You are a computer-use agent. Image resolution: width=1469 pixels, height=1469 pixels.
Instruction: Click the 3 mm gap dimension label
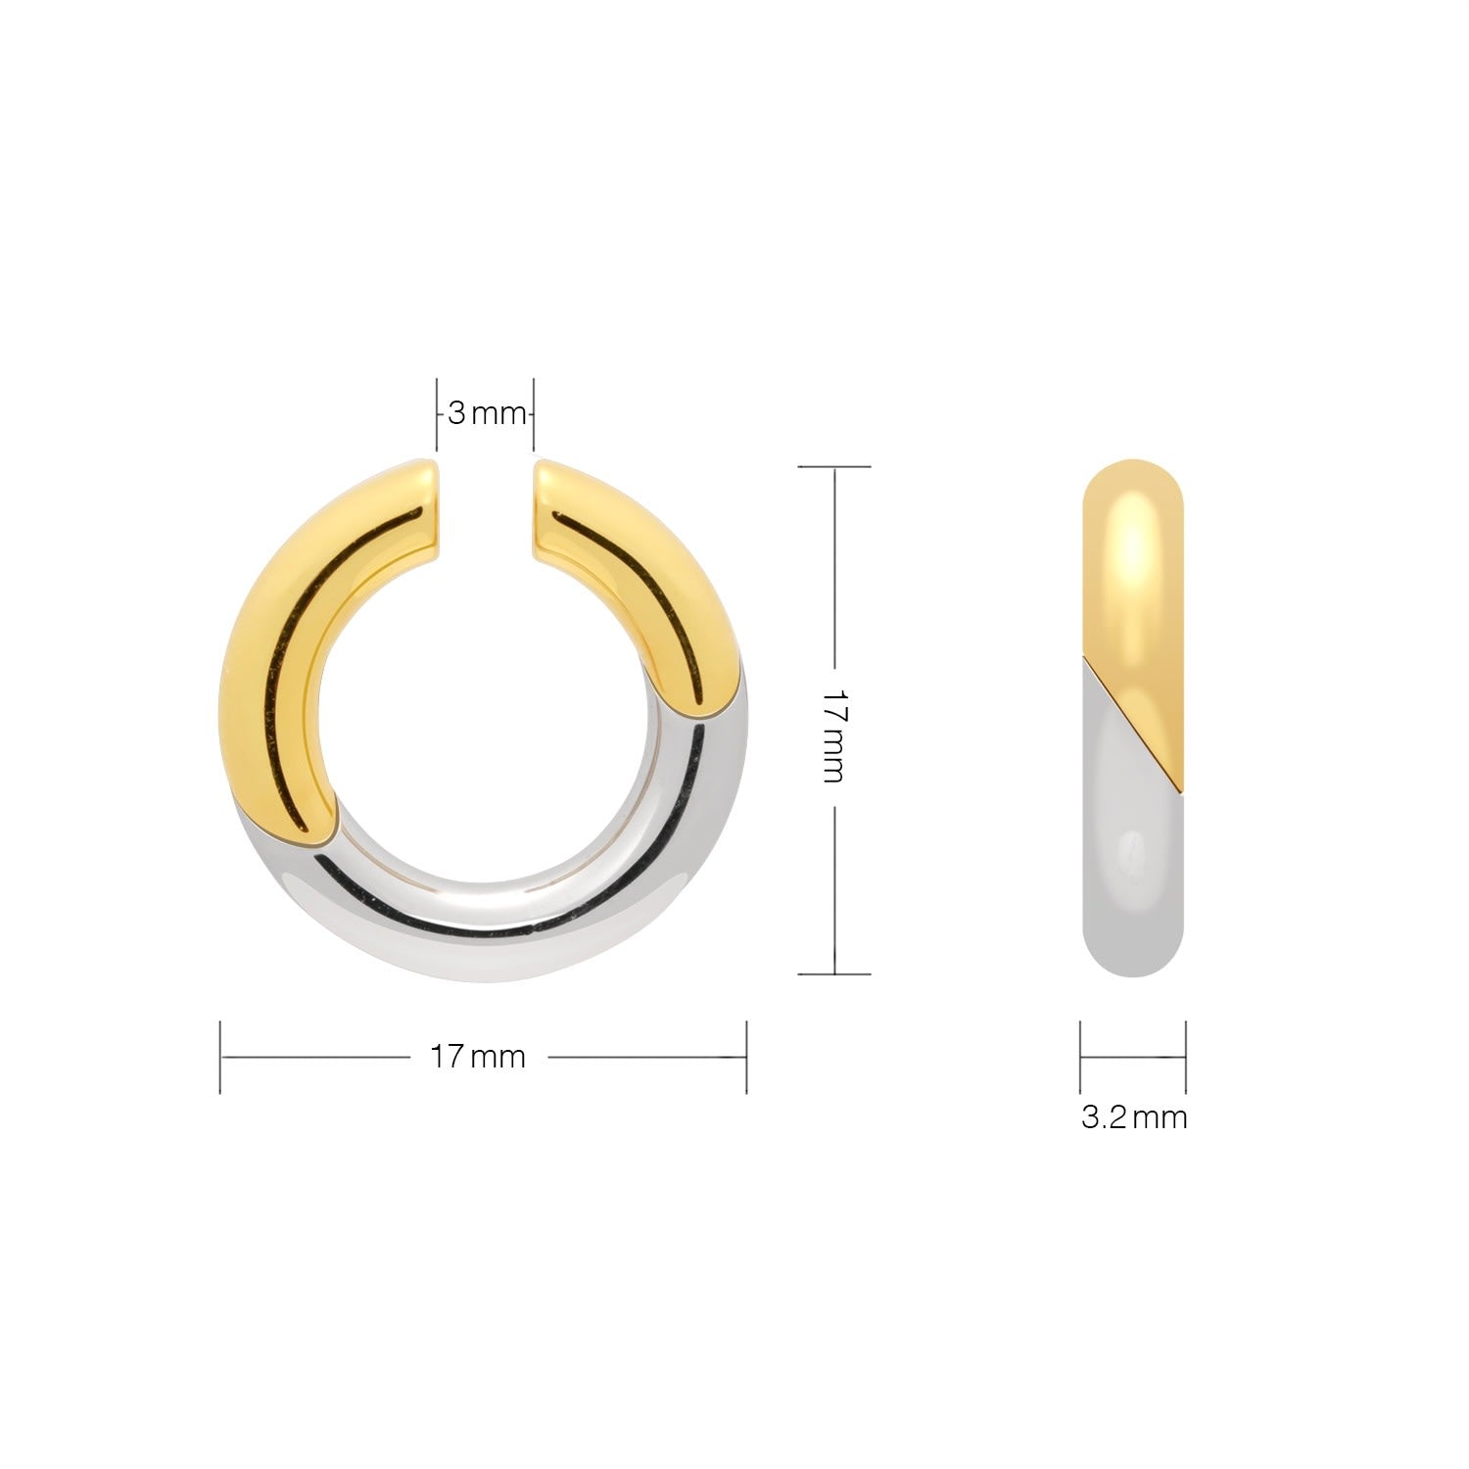tap(487, 413)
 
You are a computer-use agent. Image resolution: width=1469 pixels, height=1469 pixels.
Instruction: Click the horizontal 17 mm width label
tap(478, 1057)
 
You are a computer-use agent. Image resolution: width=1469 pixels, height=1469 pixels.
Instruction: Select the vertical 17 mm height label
tap(833, 734)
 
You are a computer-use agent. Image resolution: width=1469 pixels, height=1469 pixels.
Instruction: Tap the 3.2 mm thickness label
tap(1134, 1117)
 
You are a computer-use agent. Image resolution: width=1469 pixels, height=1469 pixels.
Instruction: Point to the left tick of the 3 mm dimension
tap(437, 414)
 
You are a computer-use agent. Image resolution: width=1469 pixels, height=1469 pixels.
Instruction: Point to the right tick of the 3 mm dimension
tap(534, 414)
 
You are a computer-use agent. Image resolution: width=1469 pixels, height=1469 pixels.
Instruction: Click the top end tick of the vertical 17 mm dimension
tap(834, 467)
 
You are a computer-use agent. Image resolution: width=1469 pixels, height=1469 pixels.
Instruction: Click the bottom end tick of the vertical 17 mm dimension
tap(834, 973)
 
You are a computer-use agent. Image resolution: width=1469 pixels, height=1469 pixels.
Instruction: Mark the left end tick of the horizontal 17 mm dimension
tap(220, 1057)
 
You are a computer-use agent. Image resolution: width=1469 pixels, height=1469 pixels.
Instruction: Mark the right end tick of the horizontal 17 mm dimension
tap(747, 1057)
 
